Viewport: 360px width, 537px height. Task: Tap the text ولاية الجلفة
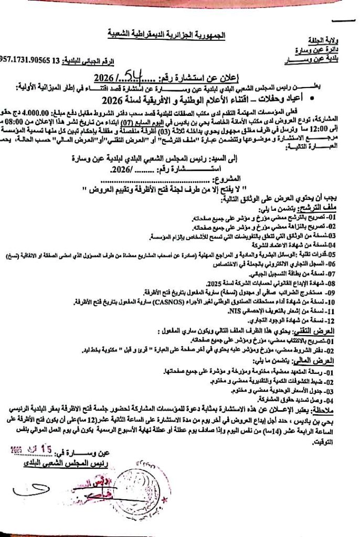coord(330,40)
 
